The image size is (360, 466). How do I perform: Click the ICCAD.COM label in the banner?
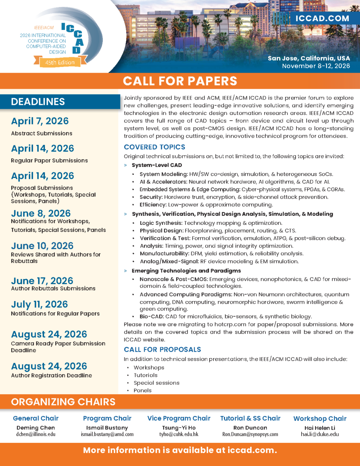point(322,19)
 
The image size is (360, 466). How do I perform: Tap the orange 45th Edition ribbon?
point(60,63)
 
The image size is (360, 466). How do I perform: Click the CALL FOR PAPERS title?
point(180,81)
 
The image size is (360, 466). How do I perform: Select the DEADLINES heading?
point(38,102)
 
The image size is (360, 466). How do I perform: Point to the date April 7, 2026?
point(40,121)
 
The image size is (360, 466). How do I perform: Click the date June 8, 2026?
point(41,213)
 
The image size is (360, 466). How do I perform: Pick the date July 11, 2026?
point(39,304)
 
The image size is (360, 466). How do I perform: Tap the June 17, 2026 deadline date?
point(42,281)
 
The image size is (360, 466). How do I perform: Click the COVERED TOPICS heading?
point(154,147)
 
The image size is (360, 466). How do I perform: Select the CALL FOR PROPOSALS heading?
point(162,350)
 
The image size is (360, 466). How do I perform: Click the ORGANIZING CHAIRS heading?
point(63,402)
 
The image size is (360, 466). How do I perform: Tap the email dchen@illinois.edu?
point(36,434)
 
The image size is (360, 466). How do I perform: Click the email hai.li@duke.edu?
point(320,434)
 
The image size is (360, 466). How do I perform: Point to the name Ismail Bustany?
point(107,428)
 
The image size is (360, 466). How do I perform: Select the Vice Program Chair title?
point(179,418)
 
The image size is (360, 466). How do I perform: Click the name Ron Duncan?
point(250,428)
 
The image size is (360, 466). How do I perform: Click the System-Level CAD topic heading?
point(157,165)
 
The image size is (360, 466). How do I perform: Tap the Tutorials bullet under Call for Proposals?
point(146,375)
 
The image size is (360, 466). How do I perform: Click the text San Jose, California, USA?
point(309,58)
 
